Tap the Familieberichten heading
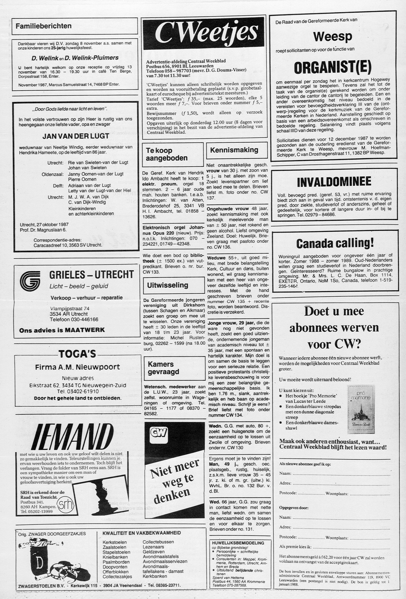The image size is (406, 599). coord(43,26)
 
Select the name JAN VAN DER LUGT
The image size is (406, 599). coord(76,136)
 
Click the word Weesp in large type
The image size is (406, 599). coord(332,36)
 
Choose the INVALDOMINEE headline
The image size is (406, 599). coord(334,182)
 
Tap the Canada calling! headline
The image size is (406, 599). coord(335,244)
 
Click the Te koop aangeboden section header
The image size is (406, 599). coord(166,154)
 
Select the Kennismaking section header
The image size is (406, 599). coord(234,150)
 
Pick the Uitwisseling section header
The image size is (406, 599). coord(168,285)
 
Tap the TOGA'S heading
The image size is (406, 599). coord(77,354)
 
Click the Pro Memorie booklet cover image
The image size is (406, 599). coord(361,409)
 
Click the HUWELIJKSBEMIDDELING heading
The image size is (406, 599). coord(238,543)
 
